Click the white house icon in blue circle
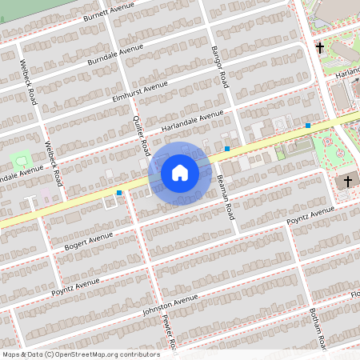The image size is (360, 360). (x=180, y=173)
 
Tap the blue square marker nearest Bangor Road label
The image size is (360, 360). (x=227, y=149)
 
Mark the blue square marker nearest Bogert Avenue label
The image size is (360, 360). (x=119, y=193)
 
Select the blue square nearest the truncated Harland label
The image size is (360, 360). (x=308, y=126)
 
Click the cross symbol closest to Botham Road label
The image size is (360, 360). (x=347, y=182)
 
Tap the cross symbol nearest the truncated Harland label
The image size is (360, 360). (x=320, y=48)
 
